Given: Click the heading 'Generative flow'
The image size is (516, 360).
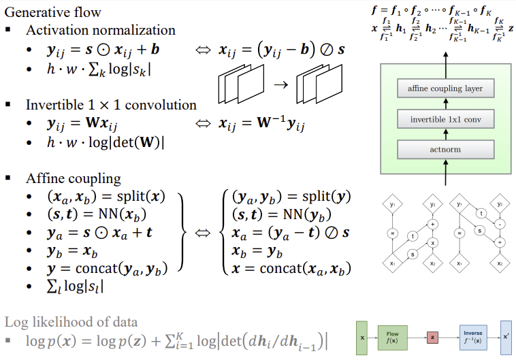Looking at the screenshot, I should click(53, 12).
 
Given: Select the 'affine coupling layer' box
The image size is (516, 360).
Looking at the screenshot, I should click(445, 89).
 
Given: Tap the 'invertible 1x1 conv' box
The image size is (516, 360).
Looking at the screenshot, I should click(445, 120).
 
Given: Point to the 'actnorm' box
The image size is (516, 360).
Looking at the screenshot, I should click(445, 150).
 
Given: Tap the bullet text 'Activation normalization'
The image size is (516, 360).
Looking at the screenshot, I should click(100, 30).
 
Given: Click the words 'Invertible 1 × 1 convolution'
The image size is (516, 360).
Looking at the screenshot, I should click(111, 105).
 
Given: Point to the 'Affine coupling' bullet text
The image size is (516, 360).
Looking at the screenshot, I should click(74, 179).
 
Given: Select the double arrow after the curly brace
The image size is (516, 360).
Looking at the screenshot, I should click(202, 233).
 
